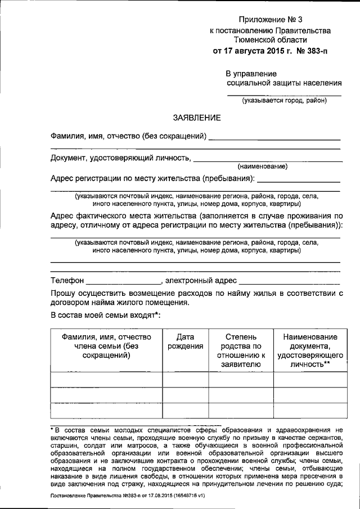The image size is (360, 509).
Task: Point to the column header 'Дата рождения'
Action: (186, 341)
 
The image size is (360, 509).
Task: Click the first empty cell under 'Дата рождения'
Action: (186, 380)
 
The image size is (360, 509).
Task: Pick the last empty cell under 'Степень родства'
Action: (241, 411)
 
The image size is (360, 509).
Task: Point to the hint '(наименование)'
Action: (263, 166)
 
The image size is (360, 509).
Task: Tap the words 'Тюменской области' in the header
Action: (270, 40)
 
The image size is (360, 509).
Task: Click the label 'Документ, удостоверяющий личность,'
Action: (120, 158)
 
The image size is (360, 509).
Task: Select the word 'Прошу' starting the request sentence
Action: (62, 293)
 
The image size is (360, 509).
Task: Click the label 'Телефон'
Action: (67, 281)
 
